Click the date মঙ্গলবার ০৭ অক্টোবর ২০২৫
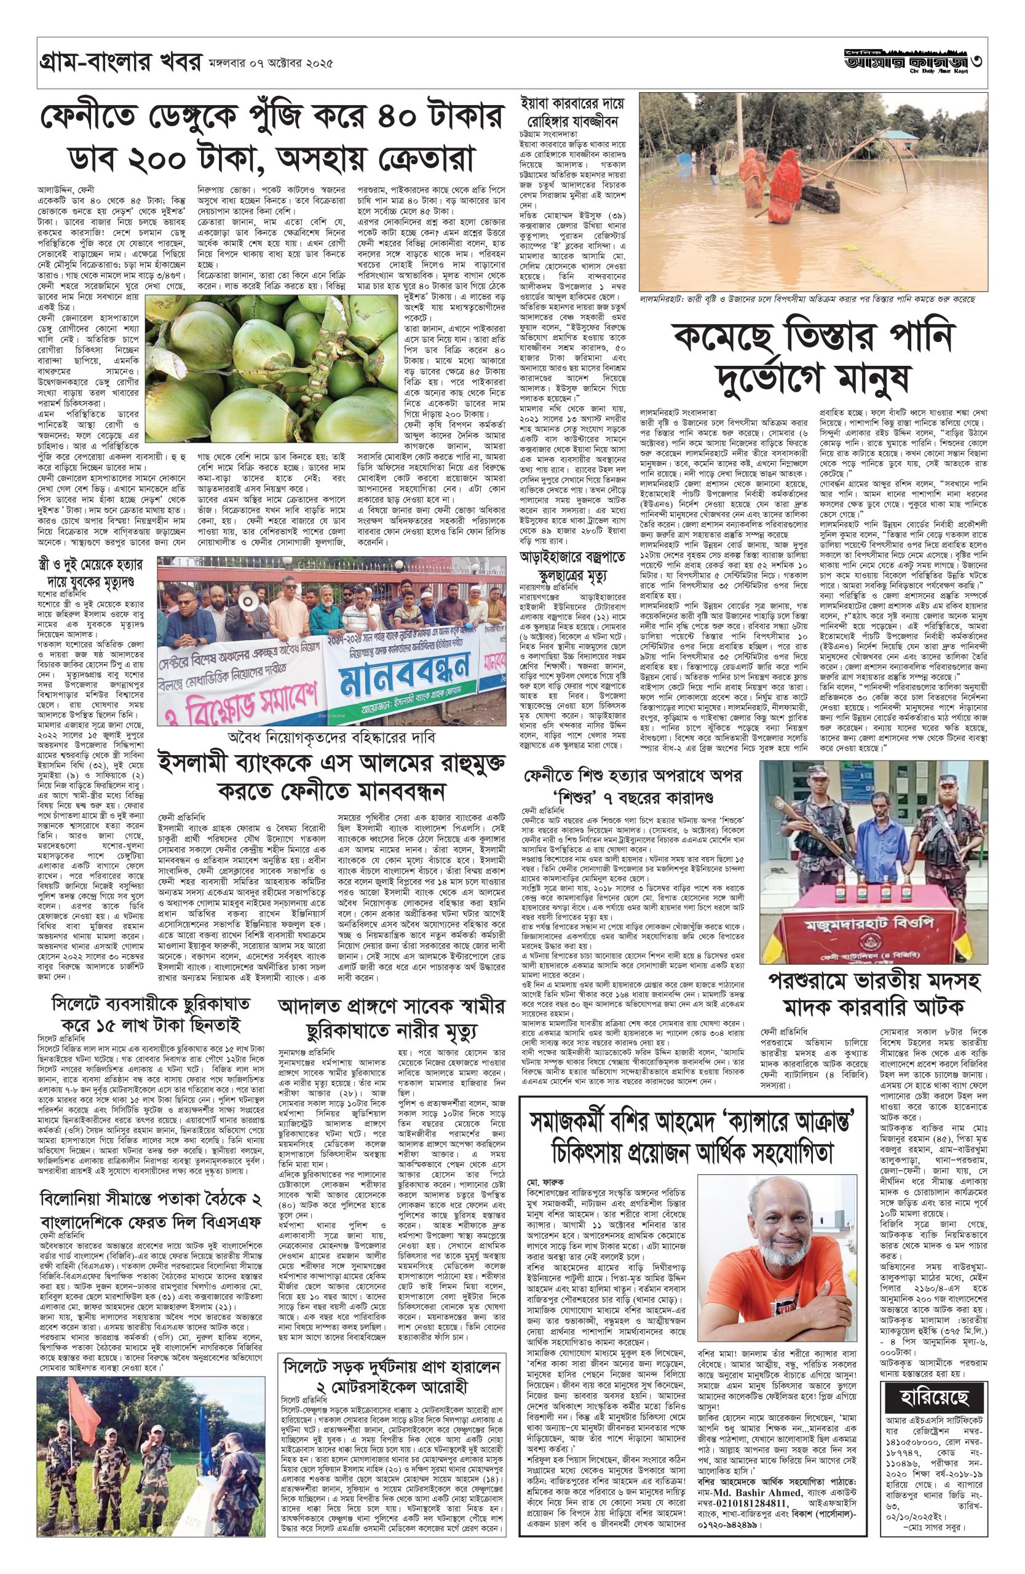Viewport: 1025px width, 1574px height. pyautogui.click(x=269, y=66)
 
